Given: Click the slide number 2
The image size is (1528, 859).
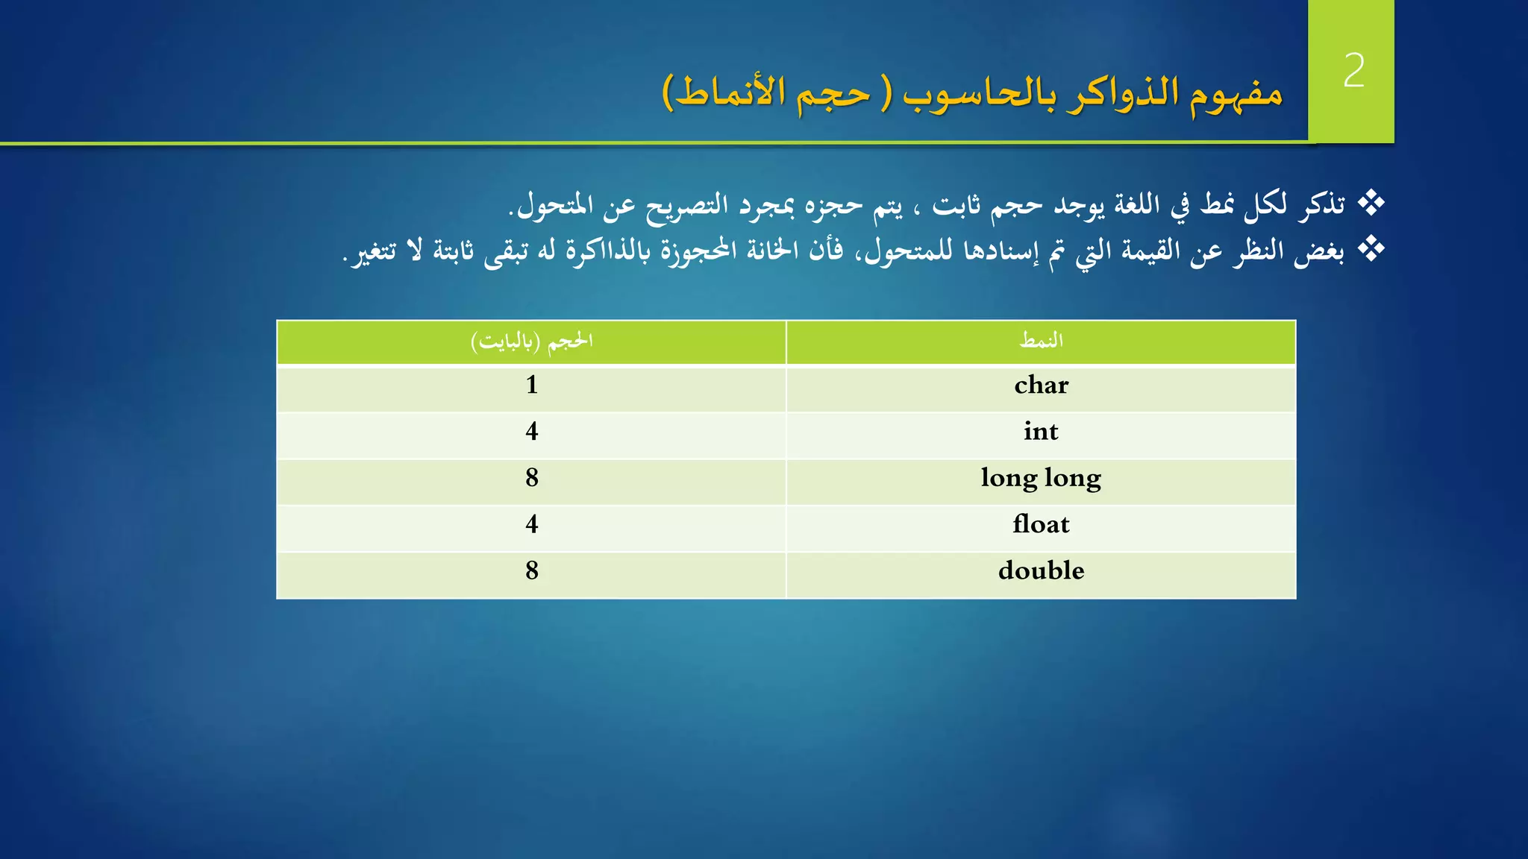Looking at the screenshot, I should (x=1353, y=71).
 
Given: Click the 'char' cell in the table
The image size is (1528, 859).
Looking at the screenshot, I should (x=1041, y=386).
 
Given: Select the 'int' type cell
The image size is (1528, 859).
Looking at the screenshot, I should (x=1041, y=432).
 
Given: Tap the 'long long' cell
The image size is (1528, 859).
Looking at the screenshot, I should (x=1041, y=478).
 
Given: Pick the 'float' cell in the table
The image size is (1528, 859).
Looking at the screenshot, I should (x=1041, y=524).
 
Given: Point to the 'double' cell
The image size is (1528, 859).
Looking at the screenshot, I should (x=1041, y=570).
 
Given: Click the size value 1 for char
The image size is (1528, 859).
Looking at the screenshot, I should (x=531, y=386).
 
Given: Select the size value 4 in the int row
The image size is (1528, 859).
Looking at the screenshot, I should (x=531, y=432).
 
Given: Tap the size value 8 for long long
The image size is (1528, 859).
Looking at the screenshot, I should (x=531, y=478).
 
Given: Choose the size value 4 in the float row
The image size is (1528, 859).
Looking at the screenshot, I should (x=531, y=524).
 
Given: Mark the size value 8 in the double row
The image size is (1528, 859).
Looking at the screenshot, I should (x=531, y=570).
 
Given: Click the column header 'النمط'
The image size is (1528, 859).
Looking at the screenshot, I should (x=1041, y=341).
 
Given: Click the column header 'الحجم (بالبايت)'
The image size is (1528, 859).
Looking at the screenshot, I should (x=531, y=342).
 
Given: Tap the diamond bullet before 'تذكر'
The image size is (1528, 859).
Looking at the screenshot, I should (x=1371, y=203).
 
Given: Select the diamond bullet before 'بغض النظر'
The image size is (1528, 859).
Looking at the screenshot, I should (x=1371, y=249).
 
